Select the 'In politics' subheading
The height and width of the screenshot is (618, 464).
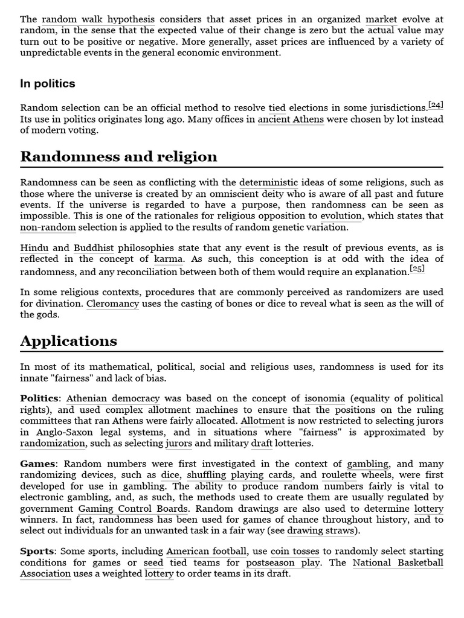48,84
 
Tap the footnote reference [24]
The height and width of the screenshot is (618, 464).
435,105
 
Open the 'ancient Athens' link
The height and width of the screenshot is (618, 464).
291,119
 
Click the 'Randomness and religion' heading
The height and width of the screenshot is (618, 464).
118,157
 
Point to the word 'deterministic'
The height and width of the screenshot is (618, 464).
268,182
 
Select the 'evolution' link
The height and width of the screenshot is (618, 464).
341,215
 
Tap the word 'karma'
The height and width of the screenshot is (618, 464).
168,259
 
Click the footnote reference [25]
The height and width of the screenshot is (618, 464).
417,269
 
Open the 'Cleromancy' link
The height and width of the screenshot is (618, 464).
112,304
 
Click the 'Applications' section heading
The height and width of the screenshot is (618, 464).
68,341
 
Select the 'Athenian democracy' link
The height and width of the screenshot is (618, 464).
113,398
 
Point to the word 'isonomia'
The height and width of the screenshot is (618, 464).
324,398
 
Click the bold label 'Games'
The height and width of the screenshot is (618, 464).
37,463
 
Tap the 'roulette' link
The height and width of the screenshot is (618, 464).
339,474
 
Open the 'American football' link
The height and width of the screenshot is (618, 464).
207,551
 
